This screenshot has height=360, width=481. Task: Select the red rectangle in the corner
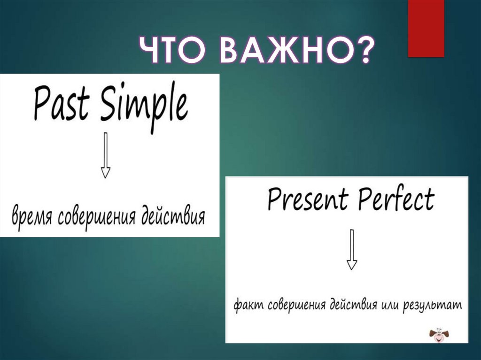(x=426, y=29)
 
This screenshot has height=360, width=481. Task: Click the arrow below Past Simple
(x=106, y=155)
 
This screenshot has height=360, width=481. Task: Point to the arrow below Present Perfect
(x=352, y=249)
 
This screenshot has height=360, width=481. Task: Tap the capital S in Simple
(x=109, y=103)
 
